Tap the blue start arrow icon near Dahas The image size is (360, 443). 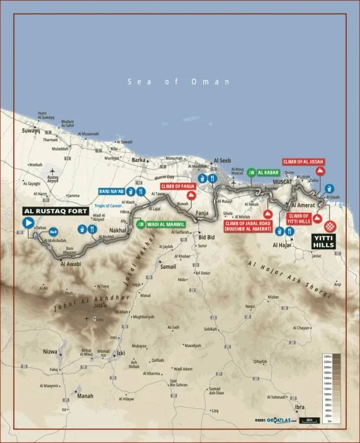(x=28, y=223)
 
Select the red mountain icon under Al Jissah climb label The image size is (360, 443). (x=320, y=172)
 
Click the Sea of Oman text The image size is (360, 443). (x=178, y=82)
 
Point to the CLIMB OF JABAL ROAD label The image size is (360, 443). (x=248, y=225)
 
